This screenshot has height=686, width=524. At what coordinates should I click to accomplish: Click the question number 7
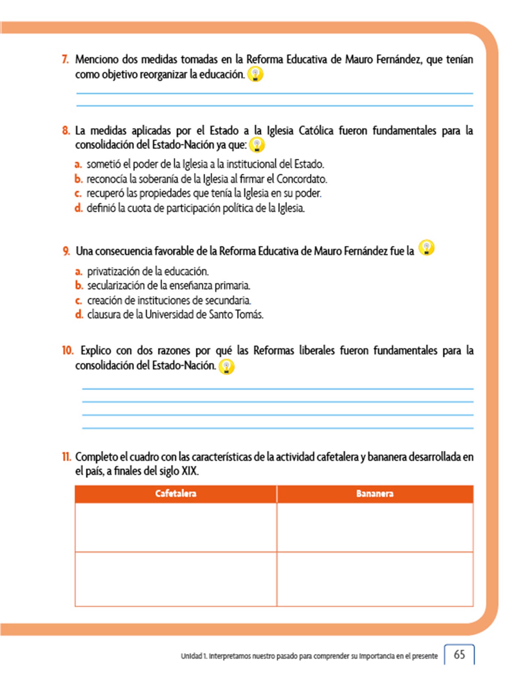(65, 60)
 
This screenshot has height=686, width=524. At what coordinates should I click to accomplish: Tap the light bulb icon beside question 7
(255, 74)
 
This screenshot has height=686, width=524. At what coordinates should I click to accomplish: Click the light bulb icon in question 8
(257, 145)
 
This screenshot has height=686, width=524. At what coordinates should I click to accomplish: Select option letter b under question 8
(78, 179)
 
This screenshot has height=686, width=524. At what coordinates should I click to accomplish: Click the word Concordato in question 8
(301, 179)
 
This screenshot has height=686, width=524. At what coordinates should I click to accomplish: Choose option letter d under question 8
(78, 208)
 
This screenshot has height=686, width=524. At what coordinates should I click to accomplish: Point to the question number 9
(66, 251)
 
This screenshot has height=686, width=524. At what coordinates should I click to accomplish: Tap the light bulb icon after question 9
(427, 248)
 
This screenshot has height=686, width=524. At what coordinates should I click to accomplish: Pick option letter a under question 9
(79, 271)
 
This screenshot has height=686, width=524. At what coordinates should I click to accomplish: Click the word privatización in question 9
(114, 271)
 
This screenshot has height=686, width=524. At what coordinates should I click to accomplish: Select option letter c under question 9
(78, 300)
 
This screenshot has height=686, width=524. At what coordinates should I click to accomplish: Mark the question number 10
(67, 350)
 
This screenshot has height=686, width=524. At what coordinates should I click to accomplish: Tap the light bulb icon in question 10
(226, 366)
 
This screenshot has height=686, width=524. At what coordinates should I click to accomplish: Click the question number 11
(66, 457)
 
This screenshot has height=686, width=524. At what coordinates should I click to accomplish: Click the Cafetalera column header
(176, 493)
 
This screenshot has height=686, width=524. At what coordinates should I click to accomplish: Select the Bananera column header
(375, 493)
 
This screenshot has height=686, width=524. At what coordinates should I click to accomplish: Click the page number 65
(459, 654)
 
